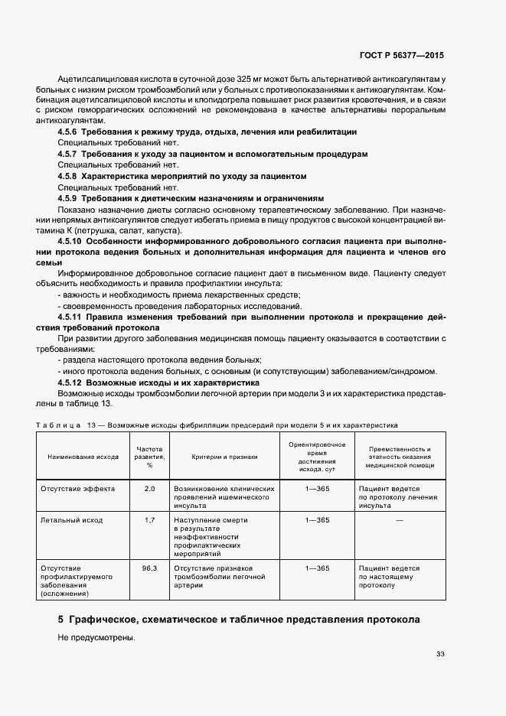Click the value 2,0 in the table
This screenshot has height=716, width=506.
coord(149,488)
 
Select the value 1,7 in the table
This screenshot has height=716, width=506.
coord(149,520)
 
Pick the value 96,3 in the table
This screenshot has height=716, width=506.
coord(149,568)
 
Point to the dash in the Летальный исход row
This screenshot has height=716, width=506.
coord(400,520)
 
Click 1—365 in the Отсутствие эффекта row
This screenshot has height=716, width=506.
coord(317,488)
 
